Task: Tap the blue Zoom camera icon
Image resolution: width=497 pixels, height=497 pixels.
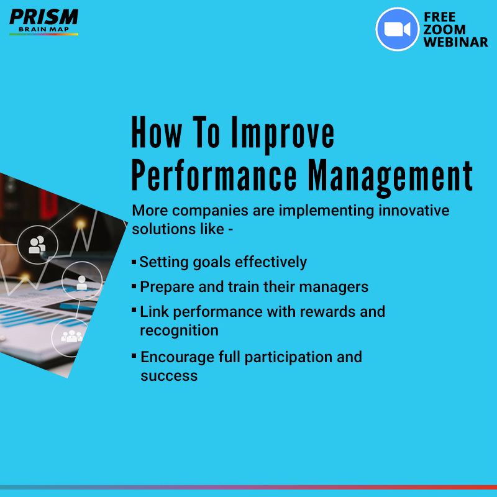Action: tap(397, 29)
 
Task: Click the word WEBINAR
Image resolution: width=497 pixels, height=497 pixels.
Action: tap(455, 42)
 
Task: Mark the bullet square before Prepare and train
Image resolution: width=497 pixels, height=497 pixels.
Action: tap(134, 286)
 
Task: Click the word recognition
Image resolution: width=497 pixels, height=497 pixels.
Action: tap(179, 331)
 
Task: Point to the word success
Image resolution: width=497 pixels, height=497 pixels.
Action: tap(169, 376)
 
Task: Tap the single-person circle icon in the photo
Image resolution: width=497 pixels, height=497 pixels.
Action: tap(81, 282)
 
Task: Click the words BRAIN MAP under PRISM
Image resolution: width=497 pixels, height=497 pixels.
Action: tap(43, 29)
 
